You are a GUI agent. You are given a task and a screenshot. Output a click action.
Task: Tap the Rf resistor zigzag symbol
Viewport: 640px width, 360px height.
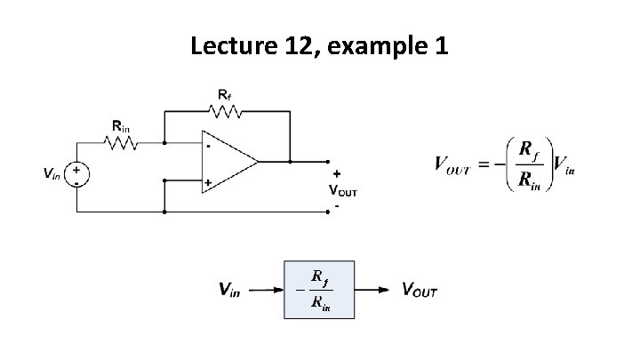(227, 111)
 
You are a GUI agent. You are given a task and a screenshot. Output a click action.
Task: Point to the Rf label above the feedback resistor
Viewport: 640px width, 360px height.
(226, 93)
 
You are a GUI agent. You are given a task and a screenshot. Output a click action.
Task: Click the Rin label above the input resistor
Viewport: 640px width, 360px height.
(120, 124)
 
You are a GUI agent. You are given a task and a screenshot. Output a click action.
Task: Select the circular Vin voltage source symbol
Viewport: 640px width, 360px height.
(77, 172)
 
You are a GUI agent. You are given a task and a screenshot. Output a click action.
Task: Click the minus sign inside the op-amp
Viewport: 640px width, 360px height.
(208, 144)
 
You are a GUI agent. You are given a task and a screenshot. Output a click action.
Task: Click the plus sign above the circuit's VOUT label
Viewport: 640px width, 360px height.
(337, 173)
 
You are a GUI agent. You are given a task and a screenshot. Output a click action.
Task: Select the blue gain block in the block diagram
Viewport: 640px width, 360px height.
(319, 290)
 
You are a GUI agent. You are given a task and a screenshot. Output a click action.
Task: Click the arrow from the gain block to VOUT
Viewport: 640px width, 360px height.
(372, 290)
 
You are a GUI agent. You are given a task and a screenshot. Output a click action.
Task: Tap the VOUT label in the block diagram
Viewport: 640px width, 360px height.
(420, 290)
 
